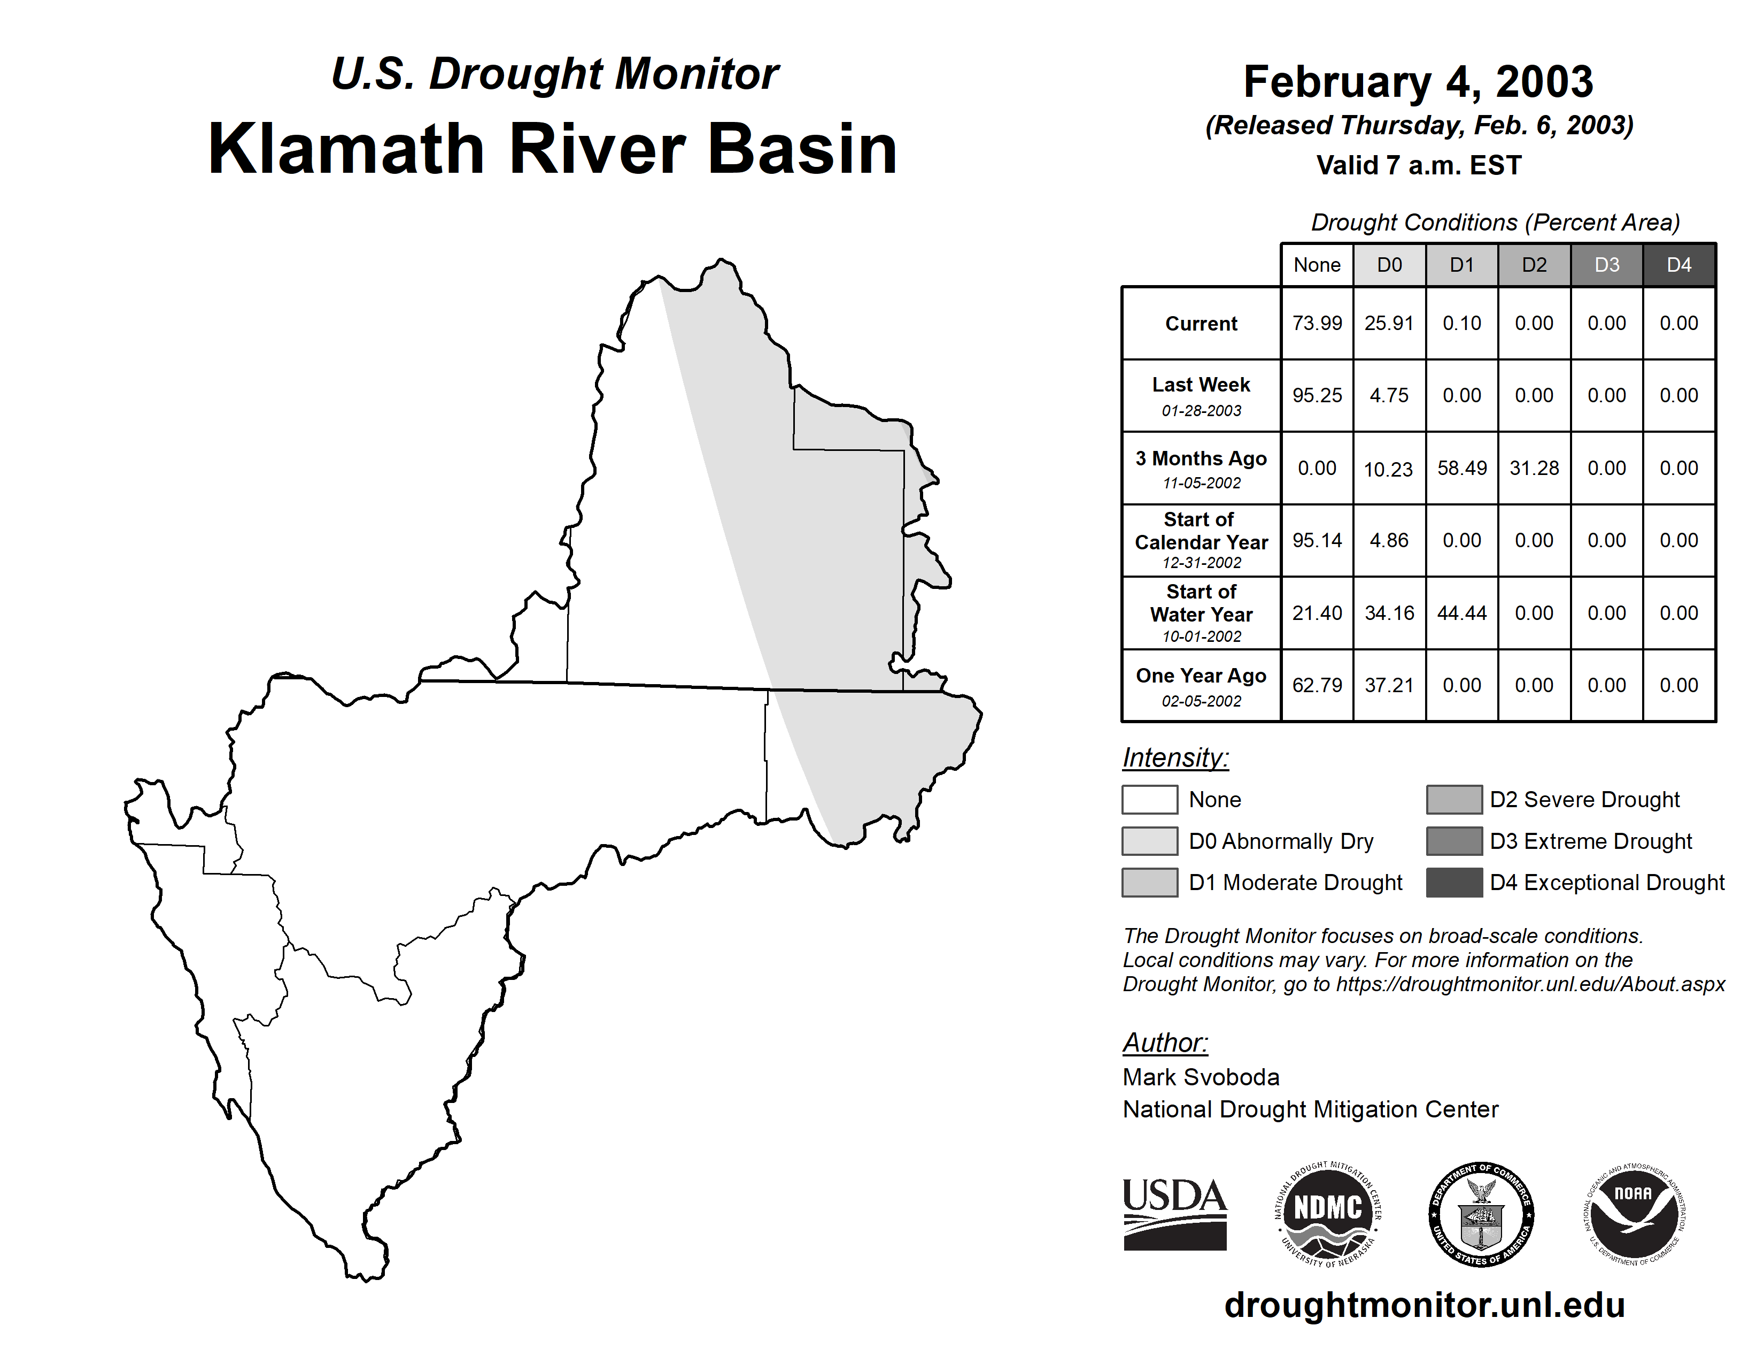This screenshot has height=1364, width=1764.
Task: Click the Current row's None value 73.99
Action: pos(1317,323)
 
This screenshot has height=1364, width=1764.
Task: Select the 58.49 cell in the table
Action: pos(1462,469)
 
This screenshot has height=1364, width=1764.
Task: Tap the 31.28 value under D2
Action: pos(1534,469)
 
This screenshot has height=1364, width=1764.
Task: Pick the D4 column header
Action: pos(1679,265)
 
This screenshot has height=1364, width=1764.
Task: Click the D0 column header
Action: pos(1389,265)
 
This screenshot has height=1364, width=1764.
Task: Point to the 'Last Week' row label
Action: pos(1201,385)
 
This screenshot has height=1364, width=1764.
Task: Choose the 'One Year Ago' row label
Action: pos(1201,676)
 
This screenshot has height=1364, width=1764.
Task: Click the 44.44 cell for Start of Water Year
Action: pos(1462,614)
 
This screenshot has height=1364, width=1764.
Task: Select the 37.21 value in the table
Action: pos(1389,685)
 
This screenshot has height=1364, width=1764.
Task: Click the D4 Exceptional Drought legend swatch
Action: pos(1454,883)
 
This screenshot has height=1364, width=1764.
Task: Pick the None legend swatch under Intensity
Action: pos(1149,799)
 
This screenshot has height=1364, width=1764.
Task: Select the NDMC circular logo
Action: pos(1328,1214)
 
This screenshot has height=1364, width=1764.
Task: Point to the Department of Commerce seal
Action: pos(1481,1214)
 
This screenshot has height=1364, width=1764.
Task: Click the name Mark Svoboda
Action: pos(1201,1077)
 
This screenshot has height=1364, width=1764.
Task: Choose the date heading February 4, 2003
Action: pos(1418,82)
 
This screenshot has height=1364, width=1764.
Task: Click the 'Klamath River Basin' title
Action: pos(553,149)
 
